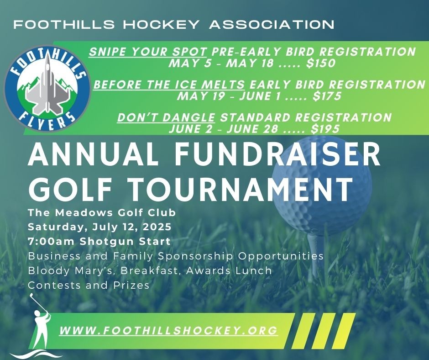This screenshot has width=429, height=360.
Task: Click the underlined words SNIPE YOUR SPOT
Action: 148,52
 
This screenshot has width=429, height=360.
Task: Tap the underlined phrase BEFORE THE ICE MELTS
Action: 169,85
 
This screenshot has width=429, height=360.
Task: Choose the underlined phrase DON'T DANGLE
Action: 166,117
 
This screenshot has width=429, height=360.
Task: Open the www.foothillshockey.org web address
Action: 168,330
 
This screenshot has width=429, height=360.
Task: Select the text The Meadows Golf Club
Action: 102,212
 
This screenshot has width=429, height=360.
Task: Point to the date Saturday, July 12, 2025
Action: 99,227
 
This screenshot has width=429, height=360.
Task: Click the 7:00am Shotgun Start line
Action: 99,242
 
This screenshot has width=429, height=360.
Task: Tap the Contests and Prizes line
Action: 89,285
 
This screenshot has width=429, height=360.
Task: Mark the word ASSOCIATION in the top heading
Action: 272,25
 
